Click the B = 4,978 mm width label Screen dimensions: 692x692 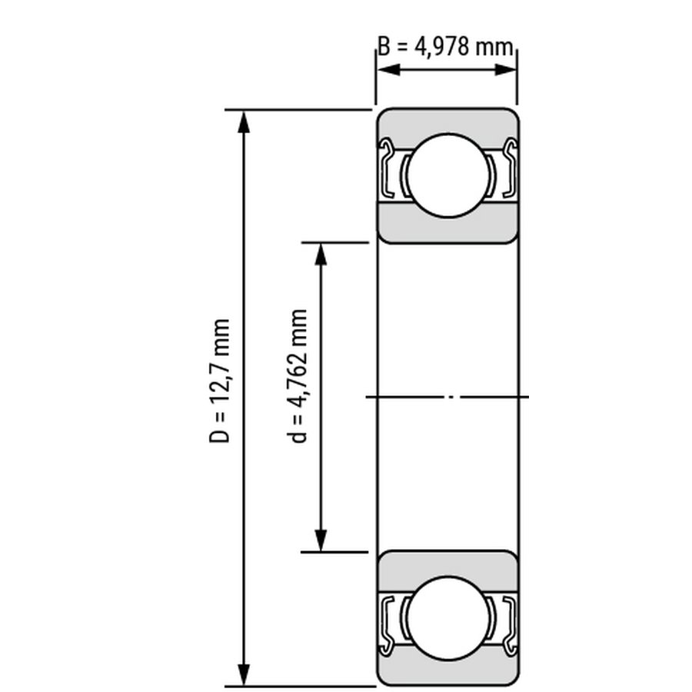click(446, 47)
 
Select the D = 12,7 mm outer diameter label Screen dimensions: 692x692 click(219, 381)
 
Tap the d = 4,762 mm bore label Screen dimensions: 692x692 click(297, 376)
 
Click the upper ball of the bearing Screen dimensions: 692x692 click(448, 175)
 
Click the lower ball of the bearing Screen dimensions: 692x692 click(448, 618)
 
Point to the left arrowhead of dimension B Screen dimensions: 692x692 click(389, 70)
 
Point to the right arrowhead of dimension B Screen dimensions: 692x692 click(505, 70)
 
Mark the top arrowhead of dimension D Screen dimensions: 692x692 click(244, 122)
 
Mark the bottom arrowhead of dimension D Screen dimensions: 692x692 click(244, 675)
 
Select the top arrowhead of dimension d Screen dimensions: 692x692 click(321, 255)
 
